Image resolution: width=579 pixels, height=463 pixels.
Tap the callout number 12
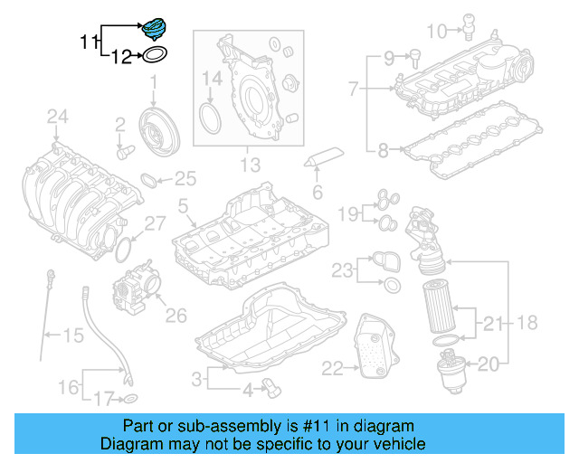(121, 58)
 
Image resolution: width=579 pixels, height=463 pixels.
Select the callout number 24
(57, 115)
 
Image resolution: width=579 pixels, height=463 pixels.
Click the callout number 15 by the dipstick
(72, 335)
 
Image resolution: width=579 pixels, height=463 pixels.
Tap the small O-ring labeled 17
(130, 398)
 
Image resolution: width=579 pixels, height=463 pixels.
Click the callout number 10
(436, 33)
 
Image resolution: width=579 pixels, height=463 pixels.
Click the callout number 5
(183, 207)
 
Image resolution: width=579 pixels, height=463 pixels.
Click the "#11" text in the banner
(318, 426)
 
